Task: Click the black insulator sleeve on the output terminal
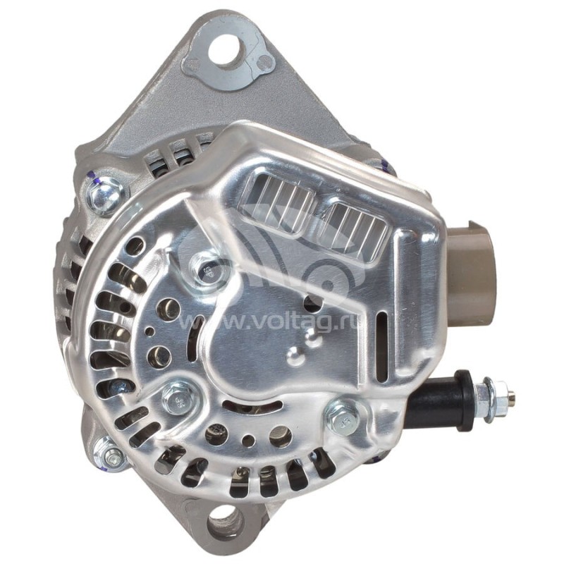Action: pyautogui.click(x=441, y=398)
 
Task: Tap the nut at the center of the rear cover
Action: pyautogui.click(x=207, y=269)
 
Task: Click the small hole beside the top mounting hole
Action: pyautogui.click(x=266, y=64)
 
